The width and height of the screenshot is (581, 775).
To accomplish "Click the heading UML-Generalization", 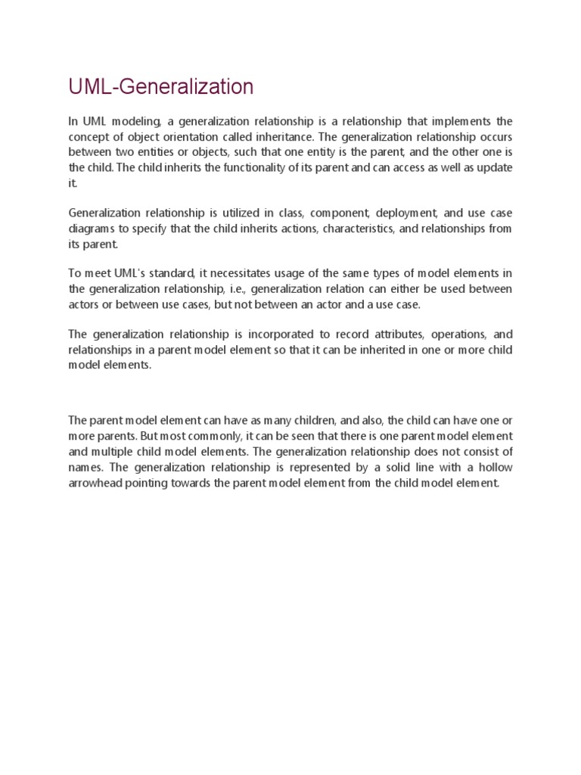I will pos(160,88).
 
